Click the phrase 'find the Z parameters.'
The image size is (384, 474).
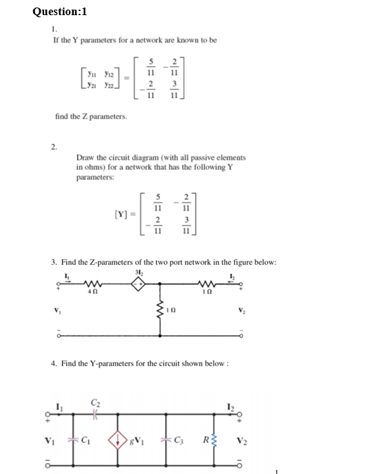coord(90,118)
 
